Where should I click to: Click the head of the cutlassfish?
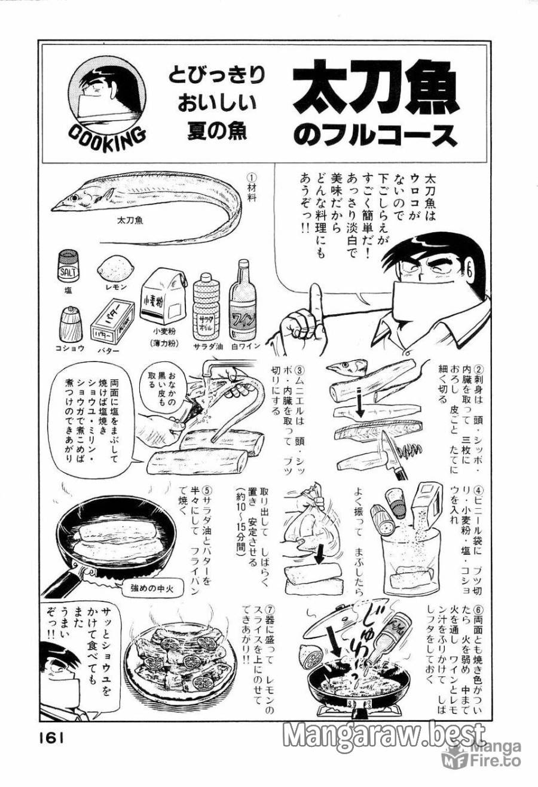(x=67, y=199)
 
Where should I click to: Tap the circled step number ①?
(x=252, y=178)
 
